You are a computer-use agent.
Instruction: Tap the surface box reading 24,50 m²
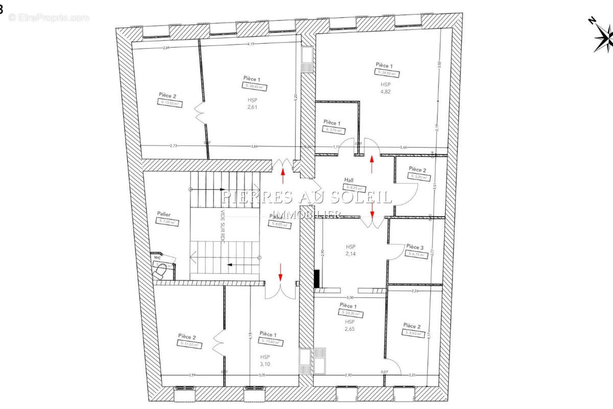(386, 73)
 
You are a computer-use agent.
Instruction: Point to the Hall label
(349, 180)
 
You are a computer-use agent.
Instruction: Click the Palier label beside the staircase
(164, 214)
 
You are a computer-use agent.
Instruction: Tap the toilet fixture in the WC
(161, 269)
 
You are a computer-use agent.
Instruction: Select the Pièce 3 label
(415, 247)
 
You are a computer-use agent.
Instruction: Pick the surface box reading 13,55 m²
(170, 103)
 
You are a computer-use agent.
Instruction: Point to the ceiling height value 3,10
(265, 364)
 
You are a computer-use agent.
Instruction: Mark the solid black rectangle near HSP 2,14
(317, 279)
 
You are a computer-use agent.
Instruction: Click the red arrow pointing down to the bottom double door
(280, 272)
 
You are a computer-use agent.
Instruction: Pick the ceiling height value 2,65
(349, 329)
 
